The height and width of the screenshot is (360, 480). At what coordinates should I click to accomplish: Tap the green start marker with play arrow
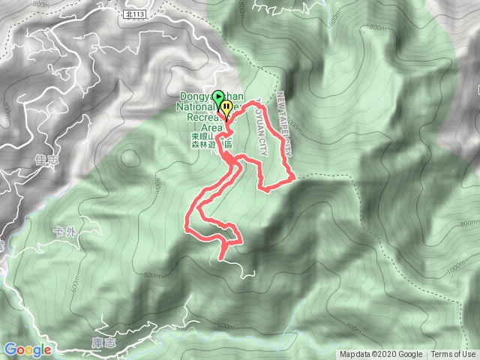pos(218,97)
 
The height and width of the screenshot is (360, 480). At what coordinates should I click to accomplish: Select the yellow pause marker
pos(225,109)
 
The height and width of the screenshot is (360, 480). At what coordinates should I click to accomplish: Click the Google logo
pos(27,349)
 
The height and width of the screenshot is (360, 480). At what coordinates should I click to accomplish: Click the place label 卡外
pos(65,231)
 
